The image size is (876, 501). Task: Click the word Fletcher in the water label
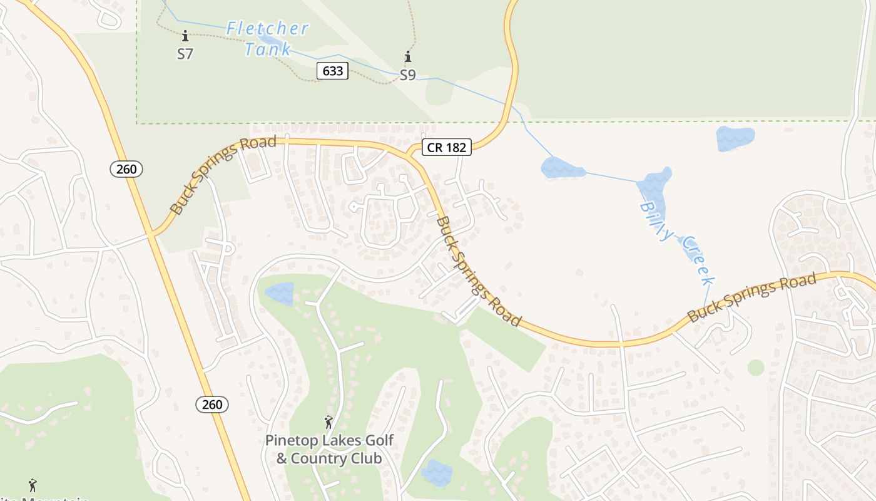267,29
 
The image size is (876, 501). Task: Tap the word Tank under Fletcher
268,49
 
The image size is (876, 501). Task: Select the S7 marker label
185,54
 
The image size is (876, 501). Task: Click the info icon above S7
185,36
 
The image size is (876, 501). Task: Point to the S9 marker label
407,76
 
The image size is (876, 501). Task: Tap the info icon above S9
408,57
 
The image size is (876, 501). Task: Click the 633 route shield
332,71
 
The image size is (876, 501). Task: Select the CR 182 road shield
446,147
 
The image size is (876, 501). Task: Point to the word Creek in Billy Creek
697,261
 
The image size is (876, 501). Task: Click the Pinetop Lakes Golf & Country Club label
329,449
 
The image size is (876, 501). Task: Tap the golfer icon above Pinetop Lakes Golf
328,423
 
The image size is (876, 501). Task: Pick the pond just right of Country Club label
437,473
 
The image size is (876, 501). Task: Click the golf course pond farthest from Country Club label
279,293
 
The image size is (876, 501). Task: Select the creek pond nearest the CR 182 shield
561,168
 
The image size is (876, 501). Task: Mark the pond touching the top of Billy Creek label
653,184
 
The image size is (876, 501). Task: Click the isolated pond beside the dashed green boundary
735,138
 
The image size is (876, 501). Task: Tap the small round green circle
756,368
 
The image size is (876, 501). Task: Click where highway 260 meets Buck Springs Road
151,235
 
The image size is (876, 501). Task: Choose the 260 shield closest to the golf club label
212,405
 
